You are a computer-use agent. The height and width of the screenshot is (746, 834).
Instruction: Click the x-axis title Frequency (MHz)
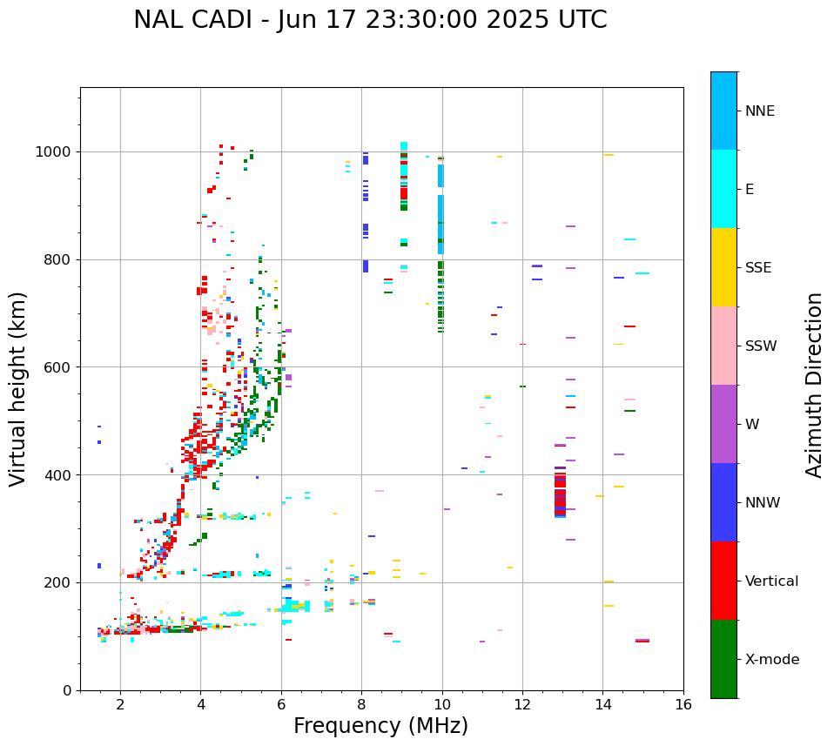click(x=380, y=726)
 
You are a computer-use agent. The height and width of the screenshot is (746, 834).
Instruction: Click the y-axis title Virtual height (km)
click(x=18, y=388)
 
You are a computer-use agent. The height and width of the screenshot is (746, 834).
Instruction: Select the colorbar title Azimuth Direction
click(x=814, y=385)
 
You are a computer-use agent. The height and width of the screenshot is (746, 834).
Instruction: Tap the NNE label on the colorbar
click(x=759, y=111)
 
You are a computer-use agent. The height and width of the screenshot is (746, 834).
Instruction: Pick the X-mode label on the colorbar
click(x=771, y=660)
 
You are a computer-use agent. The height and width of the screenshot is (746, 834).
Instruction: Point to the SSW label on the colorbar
click(x=761, y=346)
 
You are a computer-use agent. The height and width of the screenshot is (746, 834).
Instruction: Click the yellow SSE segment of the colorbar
click(x=723, y=267)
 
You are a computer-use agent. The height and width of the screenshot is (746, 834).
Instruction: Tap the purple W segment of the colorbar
click(x=723, y=424)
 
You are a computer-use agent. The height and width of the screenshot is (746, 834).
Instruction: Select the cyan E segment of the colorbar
click(x=723, y=189)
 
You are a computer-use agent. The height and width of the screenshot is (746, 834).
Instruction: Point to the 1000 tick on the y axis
click(x=57, y=151)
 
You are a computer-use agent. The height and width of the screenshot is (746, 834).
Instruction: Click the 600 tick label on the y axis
click(x=62, y=367)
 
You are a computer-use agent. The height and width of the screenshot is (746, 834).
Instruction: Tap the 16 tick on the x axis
click(x=683, y=704)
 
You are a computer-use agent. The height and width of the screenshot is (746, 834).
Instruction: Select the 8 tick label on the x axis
click(x=361, y=704)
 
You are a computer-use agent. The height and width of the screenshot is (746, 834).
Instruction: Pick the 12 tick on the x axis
click(x=522, y=704)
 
